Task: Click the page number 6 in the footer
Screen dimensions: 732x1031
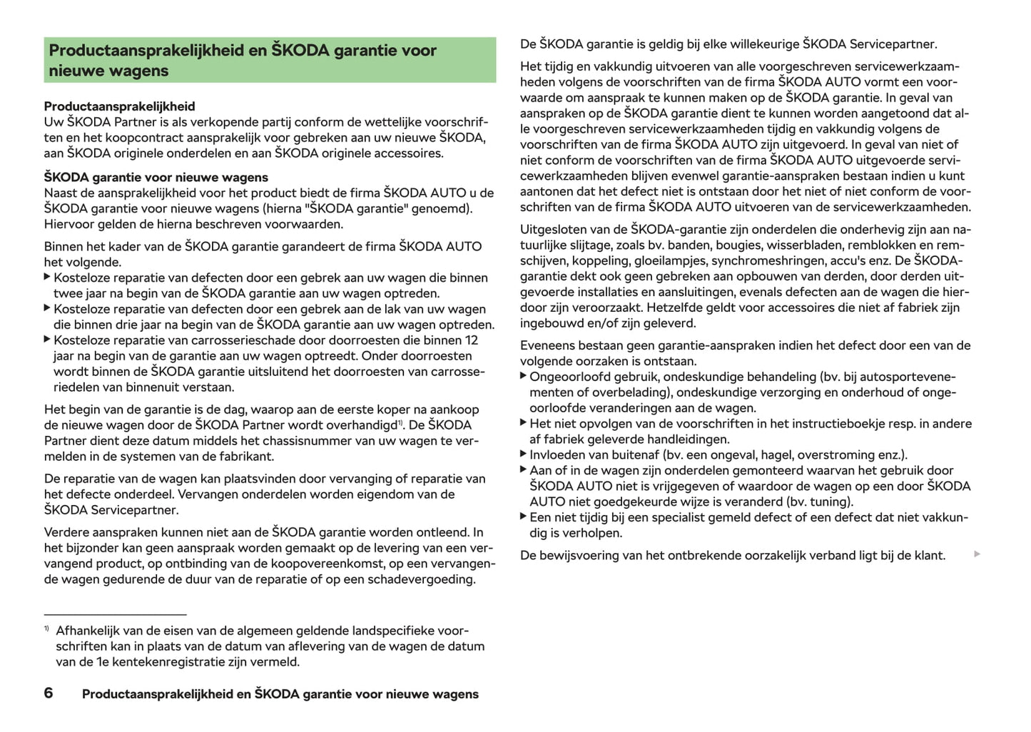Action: pyautogui.click(x=49, y=693)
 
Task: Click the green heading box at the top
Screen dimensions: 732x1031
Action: pyautogui.click(x=270, y=60)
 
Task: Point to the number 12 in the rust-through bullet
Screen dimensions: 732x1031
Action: pyautogui.click(x=471, y=340)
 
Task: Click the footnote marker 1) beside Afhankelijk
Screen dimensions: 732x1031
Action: pyautogui.click(x=46, y=629)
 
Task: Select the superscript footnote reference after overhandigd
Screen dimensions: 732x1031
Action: pyautogui.click(x=401, y=422)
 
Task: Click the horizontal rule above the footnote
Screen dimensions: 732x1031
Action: pyautogui.click(x=115, y=614)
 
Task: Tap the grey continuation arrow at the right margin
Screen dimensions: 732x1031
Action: pyautogui.click(x=977, y=554)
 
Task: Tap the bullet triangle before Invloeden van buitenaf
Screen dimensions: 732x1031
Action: pyautogui.click(x=523, y=454)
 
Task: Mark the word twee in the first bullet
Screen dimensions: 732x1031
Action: pyautogui.click(x=67, y=293)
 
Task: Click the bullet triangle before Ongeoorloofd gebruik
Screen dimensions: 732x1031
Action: pyautogui.click(x=523, y=376)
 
